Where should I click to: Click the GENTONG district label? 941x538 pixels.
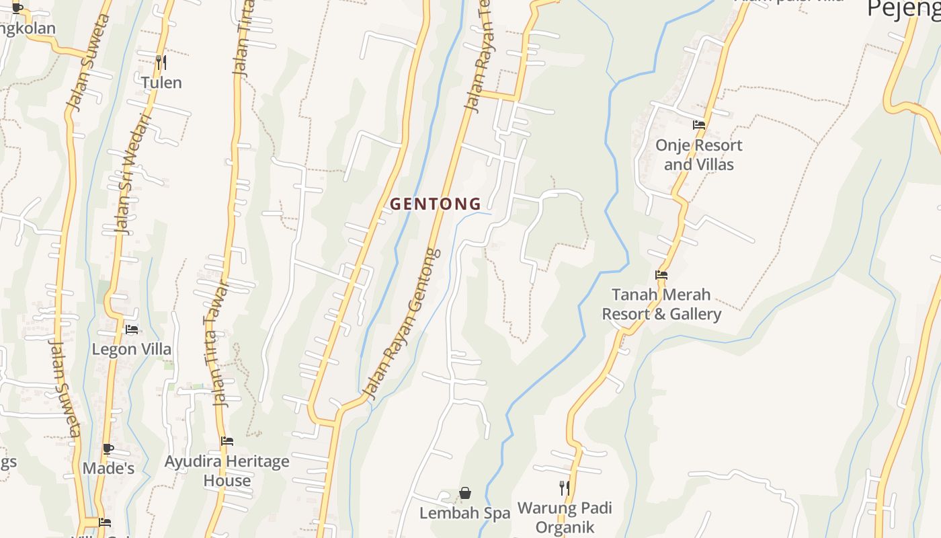[x=436, y=204]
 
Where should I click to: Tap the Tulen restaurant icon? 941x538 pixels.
[x=161, y=63]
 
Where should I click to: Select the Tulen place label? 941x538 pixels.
[x=161, y=83]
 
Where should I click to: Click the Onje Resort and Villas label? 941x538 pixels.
[x=699, y=155]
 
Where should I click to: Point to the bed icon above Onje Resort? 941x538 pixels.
[x=699, y=124]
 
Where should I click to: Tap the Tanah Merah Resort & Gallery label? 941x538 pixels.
[x=661, y=304]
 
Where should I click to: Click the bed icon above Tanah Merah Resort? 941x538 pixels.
[x=661, y=274]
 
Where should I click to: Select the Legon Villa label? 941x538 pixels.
[x=132, y=350]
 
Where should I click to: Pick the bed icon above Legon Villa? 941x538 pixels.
[x=132, y=330]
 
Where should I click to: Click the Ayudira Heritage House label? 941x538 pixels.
[x=227, y=471]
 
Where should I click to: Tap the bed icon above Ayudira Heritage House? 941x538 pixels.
[x=227, y=441]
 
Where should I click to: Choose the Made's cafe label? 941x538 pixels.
[x=108, y=468]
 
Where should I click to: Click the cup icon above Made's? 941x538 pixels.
[x=108, y=448]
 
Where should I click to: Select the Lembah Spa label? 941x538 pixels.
[x=465, y=513]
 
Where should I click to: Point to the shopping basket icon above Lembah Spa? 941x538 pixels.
[x=465, y=494]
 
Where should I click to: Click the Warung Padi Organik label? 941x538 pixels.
[x=565, y=517]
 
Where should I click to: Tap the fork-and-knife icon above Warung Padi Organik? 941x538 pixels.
[x=565, y=488]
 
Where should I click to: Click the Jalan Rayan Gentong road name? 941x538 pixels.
[x=401, y=323]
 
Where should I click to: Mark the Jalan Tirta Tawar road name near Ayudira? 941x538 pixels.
[x=220, y=343]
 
